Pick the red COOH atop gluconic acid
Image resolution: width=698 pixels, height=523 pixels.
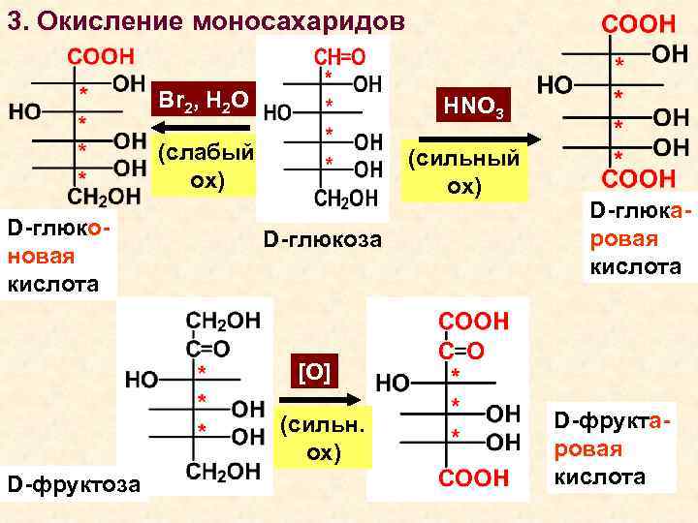pyautogui.click(x=101, y=57)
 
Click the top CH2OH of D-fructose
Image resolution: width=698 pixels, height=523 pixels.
pyautogui.click(x=223, y=321)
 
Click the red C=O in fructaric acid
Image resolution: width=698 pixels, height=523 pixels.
pyautogui.click(x=460, y=351)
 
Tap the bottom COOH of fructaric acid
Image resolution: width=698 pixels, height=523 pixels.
pyautogui.click(x=473, y=477)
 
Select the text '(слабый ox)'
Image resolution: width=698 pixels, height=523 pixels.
pyautogui.click(x=206, y=167)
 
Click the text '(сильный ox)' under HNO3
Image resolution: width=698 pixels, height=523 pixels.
pyautogui.click(x=463, y=171)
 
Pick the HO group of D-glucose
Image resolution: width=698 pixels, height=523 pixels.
pyautogui.click(x=280, y=112)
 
